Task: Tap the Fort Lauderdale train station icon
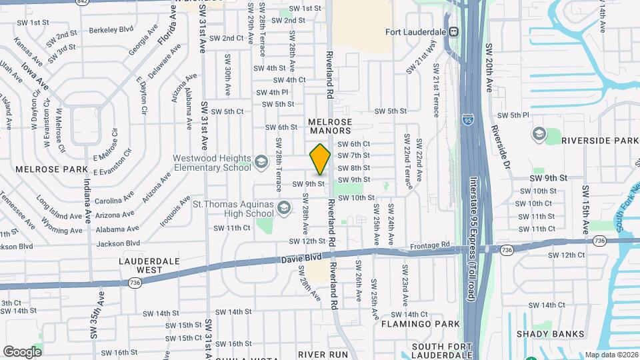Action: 453,31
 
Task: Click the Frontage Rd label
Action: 431,245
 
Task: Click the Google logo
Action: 22,351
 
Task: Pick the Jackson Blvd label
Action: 117,244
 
